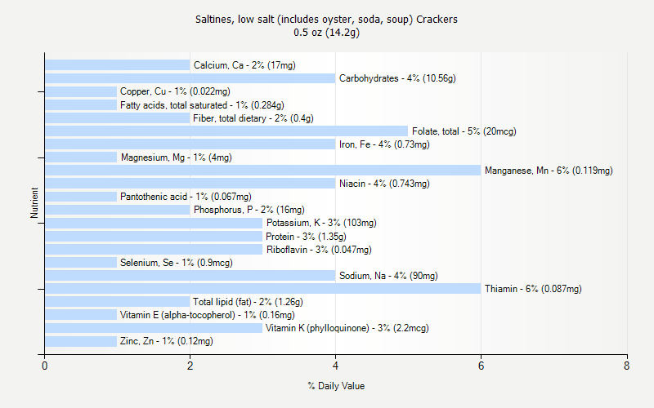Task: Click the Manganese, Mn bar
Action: [262, 171]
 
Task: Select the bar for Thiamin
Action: [262, 289]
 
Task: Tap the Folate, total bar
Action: [226, 131]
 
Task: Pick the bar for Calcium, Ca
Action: [117, 65]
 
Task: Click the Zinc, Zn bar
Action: [81, 341]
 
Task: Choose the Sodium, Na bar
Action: [190, 276]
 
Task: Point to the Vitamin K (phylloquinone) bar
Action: [154, 328]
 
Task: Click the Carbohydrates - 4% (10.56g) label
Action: [397, 78]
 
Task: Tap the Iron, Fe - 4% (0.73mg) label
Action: [384, 144]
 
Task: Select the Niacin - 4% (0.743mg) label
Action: [384, 184]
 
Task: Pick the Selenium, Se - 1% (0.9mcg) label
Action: [176, 263]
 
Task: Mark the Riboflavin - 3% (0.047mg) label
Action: [319, 250]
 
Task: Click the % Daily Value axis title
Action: [336, 386]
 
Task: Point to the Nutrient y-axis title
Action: [34, 203]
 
